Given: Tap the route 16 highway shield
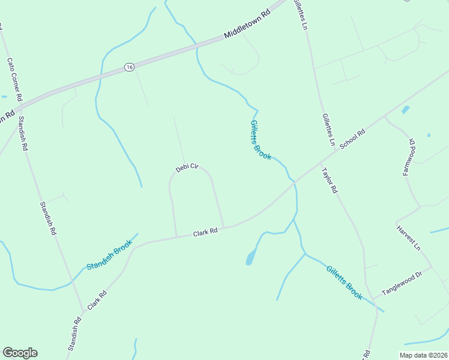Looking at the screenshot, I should click(130, 67).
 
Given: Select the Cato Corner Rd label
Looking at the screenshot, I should click(15, 79).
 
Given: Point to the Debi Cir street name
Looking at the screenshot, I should click(187, 168).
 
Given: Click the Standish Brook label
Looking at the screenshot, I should click(109, 256).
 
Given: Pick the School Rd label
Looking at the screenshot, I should click(352, 140).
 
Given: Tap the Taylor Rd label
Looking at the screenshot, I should click(330, 180).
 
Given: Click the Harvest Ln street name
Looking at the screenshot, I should click(410, 238).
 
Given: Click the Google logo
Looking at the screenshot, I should click(20, 353).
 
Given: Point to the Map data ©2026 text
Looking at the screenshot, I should click(423, 355).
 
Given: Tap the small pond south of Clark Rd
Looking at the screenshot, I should click(250, 259).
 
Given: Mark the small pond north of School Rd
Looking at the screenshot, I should click(406, 110).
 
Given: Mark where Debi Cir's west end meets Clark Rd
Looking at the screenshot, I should click(176, 236).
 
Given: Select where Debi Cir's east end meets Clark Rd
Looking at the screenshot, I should click(224, 227).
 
